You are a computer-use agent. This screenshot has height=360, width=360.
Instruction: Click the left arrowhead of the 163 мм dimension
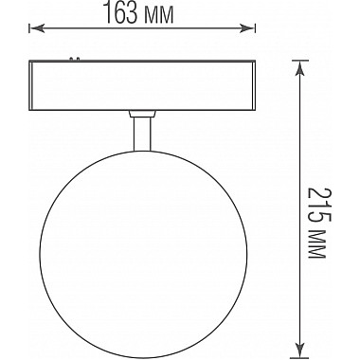coord(35,28)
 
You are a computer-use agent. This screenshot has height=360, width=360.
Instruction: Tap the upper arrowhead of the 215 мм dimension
coord(303,67)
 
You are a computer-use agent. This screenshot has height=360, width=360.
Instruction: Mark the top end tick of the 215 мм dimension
coord(303,60)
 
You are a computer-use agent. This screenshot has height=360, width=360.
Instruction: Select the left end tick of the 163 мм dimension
coord(29,28)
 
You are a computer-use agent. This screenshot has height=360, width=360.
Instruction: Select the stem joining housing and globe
coord(141,132)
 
